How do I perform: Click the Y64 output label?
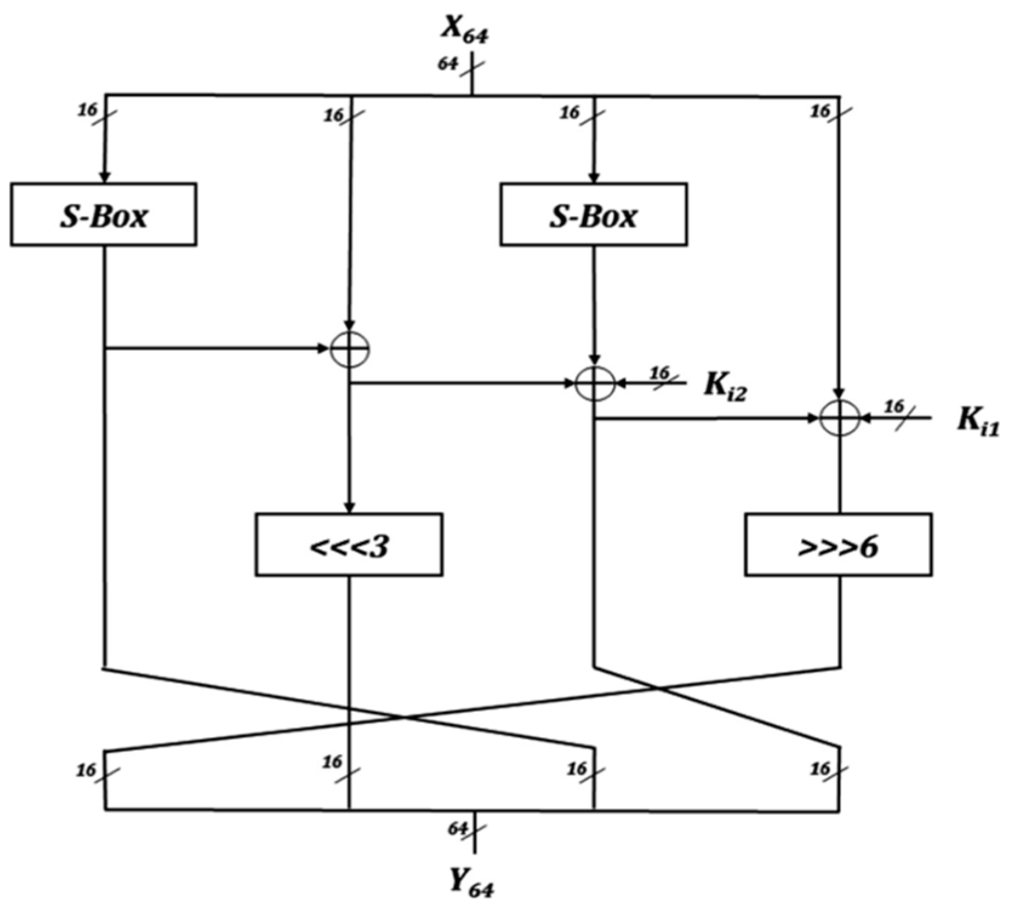pyautogui.click(x=471, y=885)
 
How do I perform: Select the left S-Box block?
pyautogui.click(x=104, y=214)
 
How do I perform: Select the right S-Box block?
pyautogui.click(x=593, y=214)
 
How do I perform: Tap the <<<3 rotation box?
pyautogui.click(x=349, y=545)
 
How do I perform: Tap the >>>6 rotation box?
pyautogui.click(x=838, y=545)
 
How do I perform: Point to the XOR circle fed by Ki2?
pyautogui.click(x=594, y=384)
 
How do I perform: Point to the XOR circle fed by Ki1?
pyautogui.click(x=839, y=418)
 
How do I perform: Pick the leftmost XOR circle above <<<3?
pyautogui.click(x=350, y=348)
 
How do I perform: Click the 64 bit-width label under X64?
pyautogui.click(x=447, y=64)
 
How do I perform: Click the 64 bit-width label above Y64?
pyautogui.click(x=457, y=828)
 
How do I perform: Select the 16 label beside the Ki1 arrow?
pyautogui.click(x=894, y=407)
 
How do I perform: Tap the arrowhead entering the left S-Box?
pyautogui.click(x=105, y=177)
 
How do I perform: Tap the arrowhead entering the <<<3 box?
pyautogui.click(x=349, y=507)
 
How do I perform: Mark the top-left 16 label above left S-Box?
pyautogui.click(x=87, y=110)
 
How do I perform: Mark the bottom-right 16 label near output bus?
pyautogui.click(x=820, y=769)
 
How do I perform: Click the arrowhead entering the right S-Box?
pyautogui.click(x=594, y=177)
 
